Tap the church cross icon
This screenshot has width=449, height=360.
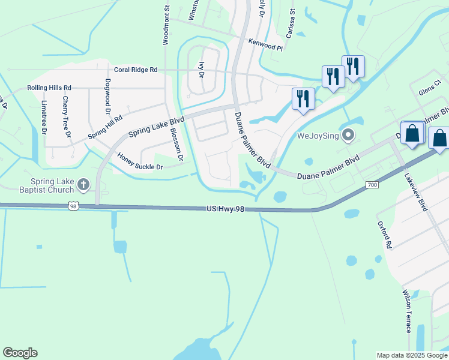click(x=84, y=184)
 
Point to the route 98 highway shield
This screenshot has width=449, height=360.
click(x=72, y=206)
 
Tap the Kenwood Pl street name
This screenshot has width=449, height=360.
click(x=265, y=44)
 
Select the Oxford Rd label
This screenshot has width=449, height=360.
click(x=384, y=235)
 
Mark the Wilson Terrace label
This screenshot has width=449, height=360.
click(x=407, y=311)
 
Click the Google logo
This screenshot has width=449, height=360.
click(x=20, y=353)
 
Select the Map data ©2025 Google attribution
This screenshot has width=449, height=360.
click(x=411, y=355)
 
